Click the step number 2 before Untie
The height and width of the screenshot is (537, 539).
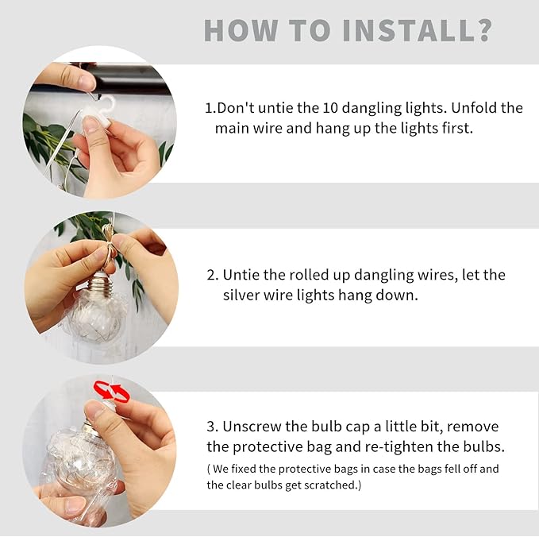(x=210, y=275)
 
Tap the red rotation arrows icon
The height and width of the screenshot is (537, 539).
(x=112, y=391)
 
